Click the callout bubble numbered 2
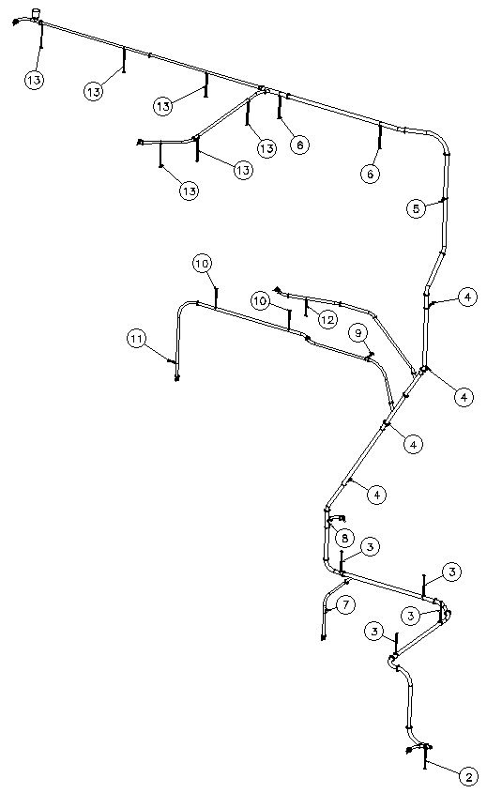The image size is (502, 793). click(468, 777)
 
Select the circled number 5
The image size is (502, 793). click(416, 208)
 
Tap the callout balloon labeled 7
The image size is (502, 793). click(346, 605)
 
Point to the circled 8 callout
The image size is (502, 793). click(344, 538)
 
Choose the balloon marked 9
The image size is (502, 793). click(357, 333)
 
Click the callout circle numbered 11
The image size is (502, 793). click(136, 339)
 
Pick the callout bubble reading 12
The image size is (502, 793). click(327, 320)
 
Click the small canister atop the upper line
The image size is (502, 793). click(36, 13)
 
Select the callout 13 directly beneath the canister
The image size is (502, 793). click(35, 80)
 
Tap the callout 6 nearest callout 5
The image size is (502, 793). click(370, 174)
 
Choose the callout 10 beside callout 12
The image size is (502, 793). click(260, 301)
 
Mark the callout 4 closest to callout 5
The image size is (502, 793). click(467, 297)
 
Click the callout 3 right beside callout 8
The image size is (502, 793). click(370, 547)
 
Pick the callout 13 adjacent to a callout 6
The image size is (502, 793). click(266, 148)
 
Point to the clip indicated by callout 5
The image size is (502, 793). click(445, 199)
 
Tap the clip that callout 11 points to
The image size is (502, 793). click(173, 361)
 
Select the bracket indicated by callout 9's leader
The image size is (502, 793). click(370, 356)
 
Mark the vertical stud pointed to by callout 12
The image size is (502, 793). click(306, 308)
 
